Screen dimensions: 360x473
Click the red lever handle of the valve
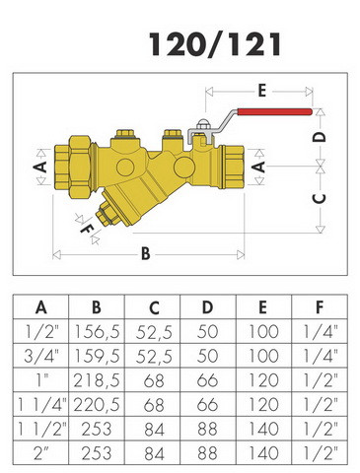[x=274, y=112]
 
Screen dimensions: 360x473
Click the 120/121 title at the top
[x=215, y=44]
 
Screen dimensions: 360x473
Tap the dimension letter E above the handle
[x=261, y=91]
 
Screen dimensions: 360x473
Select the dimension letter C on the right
[x=319, y=198]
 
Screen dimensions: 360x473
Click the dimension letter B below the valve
[x=146, y=254]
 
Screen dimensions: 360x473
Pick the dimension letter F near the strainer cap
[x=87, y=228]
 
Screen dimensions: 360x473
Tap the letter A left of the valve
[x=40, y=167]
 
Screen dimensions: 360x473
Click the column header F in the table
[x=320, y=307]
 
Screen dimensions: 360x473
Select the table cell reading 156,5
[x=97, y=332]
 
